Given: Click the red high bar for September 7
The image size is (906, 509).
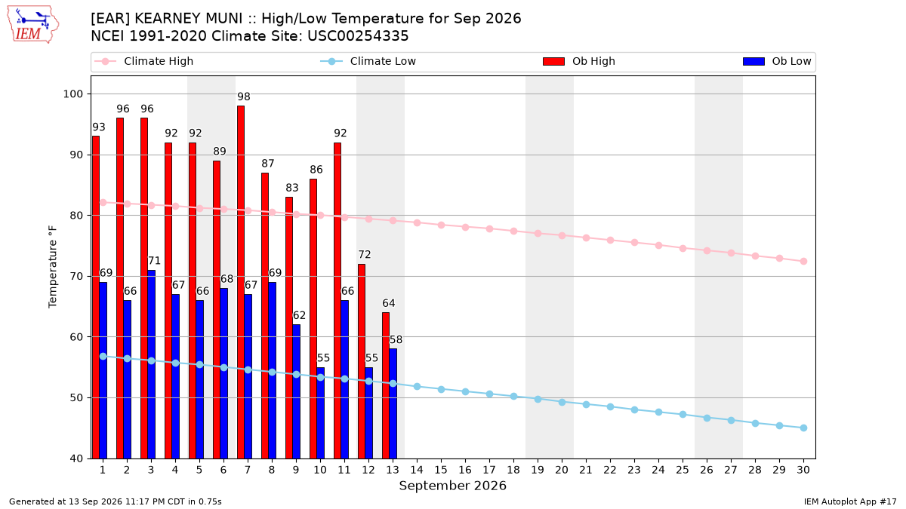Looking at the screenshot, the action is [241, 282].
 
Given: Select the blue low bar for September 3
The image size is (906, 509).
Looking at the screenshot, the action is [151, 364].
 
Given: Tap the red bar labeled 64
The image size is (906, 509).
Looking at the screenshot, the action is [386, 385].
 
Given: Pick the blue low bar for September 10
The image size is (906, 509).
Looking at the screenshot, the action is [320, 413].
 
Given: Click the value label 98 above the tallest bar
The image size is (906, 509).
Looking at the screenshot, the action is [244, 97].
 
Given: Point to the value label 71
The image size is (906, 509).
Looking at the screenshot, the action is [154, 261].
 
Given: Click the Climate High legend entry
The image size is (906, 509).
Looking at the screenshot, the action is [143, 61].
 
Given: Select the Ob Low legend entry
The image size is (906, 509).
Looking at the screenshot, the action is [777, 61].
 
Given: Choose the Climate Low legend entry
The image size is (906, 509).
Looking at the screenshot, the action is [368, 61].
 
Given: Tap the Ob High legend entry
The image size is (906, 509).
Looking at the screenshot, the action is [579, 61].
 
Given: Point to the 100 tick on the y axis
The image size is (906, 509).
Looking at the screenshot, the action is [72, 94].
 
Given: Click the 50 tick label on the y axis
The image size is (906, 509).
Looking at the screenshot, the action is [76, 398].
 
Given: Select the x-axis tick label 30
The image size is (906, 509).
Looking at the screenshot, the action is [803, 470].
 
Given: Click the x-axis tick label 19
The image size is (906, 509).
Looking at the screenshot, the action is [538, 470].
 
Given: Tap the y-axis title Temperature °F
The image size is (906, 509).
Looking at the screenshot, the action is [53, 267].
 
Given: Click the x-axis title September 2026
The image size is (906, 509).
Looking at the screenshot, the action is [452, 486].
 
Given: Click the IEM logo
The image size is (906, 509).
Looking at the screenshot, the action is [32, 25].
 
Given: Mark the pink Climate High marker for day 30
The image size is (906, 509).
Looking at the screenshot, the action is [803, 262].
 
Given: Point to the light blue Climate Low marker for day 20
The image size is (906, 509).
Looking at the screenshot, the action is [562, 403].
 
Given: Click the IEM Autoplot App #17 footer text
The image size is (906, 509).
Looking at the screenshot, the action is [850, 501].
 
